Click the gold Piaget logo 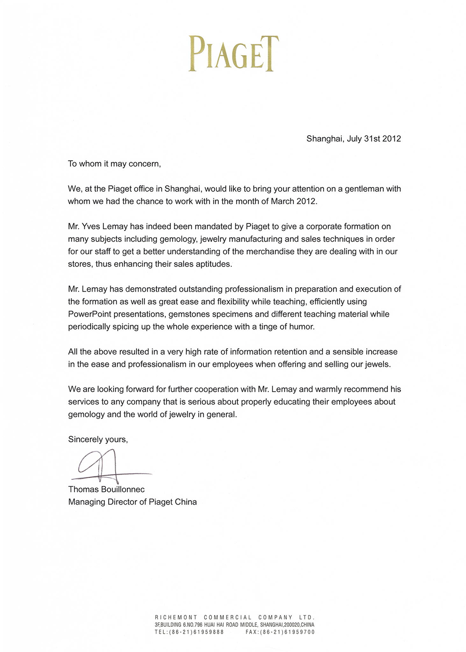pos(233,54)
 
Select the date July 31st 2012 pos(374,139)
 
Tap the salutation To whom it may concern pos(114,164)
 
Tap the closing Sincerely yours pos(98,439)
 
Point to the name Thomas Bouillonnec pos(107,489)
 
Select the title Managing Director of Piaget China pos(133,502)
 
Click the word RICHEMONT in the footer pos(176,617)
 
